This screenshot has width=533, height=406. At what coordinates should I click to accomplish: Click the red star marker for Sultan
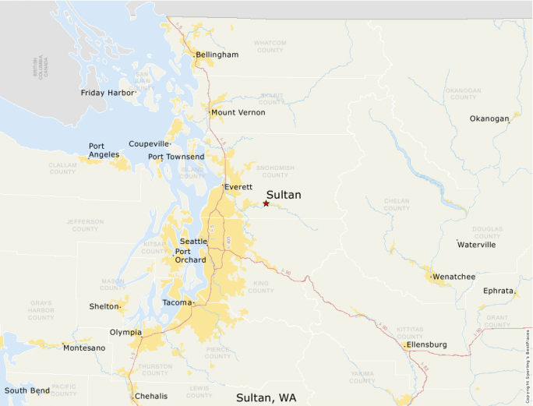(266, 203)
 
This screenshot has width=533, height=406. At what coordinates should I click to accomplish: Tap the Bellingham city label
(217, 55)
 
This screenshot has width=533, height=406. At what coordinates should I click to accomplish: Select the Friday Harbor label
(108, 93)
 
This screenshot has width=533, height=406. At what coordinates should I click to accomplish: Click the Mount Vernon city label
(238, 112)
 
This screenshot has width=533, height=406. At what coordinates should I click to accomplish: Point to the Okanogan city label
(489, 118)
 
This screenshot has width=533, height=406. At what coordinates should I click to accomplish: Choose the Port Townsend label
(176, 157)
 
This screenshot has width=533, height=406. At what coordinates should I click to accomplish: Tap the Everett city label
(238, 187)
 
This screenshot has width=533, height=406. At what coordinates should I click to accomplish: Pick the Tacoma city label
(176, 302)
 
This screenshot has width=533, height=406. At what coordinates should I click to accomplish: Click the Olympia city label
(125, 332)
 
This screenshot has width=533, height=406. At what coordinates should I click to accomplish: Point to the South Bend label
(27, 390)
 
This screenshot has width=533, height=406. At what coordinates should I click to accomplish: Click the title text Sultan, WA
(266, 397)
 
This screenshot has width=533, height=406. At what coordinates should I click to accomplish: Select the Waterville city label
(476, 245)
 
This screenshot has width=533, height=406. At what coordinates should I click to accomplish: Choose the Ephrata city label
(498, 291)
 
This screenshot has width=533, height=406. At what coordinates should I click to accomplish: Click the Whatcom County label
(270, 47)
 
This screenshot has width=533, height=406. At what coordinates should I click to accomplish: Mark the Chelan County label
(397, 204)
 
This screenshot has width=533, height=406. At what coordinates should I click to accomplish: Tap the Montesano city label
(84, 348)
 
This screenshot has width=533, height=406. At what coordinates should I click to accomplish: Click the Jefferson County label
(85, 225)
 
